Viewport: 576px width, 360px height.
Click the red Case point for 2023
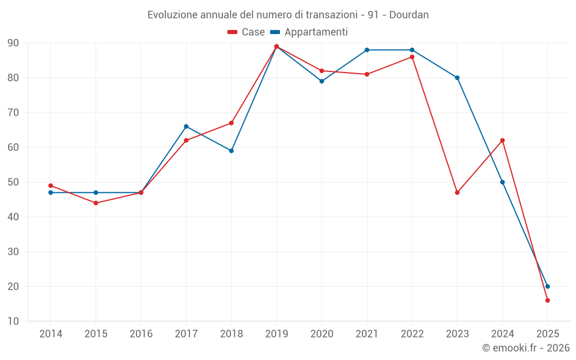tap(457, 192)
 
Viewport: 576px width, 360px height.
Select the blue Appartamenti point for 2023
tap(457, 78)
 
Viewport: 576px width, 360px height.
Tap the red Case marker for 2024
tap(502, 141)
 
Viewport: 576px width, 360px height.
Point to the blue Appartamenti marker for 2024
tap(502, 182)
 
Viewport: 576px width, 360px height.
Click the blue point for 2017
tap(186, 126)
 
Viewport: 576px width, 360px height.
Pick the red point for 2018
tap(231, 123)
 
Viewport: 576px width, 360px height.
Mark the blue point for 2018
tap(231, 151)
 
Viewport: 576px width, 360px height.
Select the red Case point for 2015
tap(96, 203)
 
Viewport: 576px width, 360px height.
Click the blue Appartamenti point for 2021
tap(367, 50)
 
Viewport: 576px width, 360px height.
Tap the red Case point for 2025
tap(547, 300)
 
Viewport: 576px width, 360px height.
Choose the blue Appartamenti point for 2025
tap(547, 286)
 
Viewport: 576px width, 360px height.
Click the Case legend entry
tap(247, 32)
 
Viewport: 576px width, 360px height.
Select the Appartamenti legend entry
tap(309, 32)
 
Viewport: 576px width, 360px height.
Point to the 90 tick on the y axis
tap(13, 43)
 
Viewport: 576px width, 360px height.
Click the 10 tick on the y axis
tap(13, 321)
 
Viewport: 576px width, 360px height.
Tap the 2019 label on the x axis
tap(276, 334)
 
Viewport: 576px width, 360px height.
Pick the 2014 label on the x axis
tap(51, 334)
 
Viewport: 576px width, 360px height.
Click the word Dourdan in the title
tap(409, 15)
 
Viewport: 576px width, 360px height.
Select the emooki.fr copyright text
tap(525, 348)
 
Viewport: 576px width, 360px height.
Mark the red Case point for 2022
tap(412, 57)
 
